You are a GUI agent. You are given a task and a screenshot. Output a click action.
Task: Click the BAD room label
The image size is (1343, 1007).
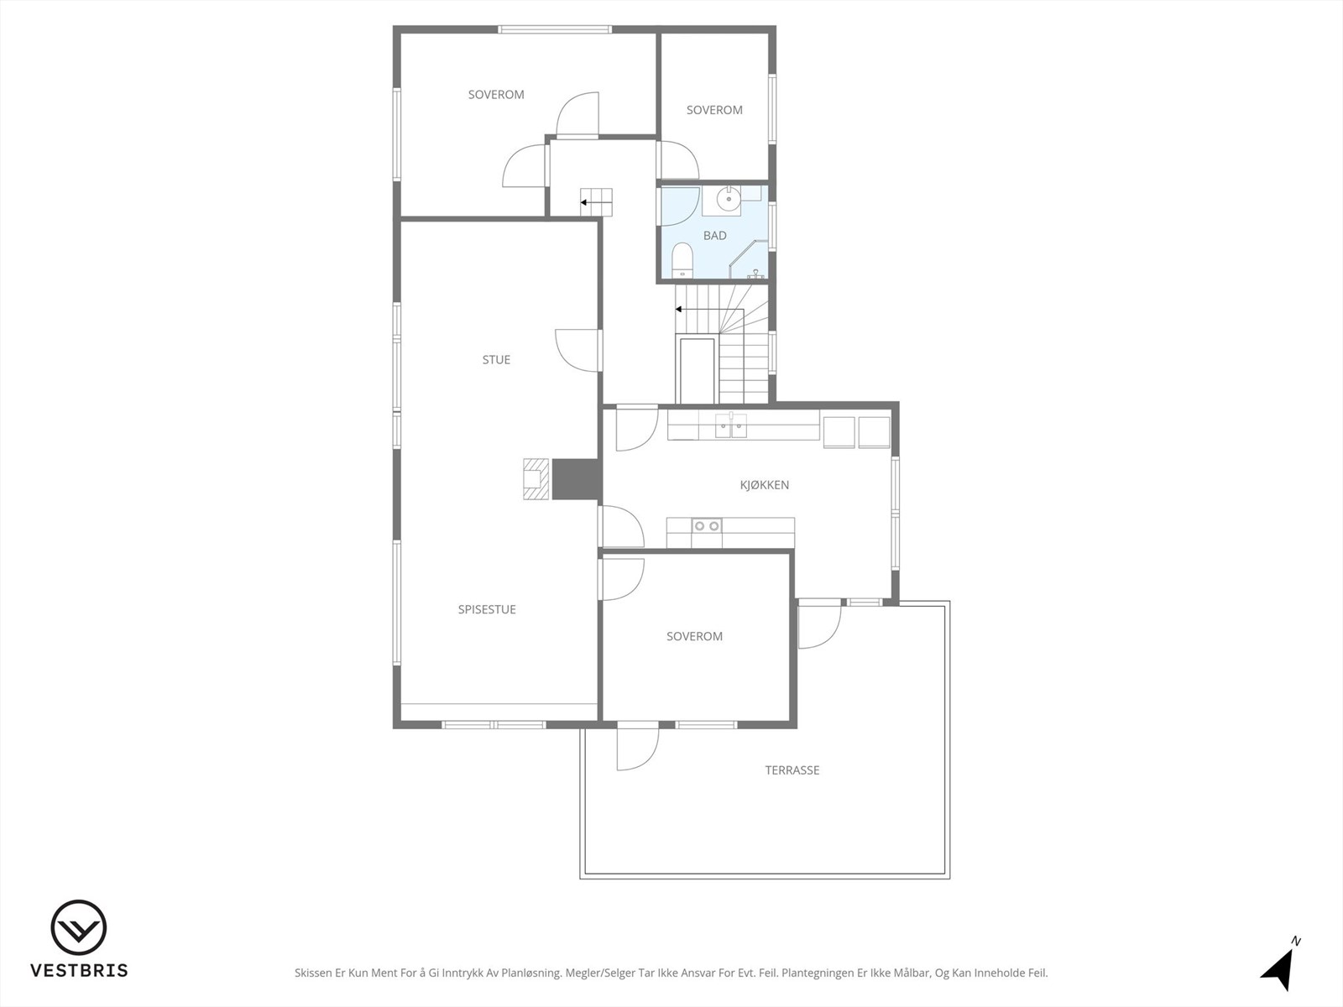(714, 236)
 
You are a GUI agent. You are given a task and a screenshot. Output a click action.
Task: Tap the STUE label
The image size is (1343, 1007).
(496, 359)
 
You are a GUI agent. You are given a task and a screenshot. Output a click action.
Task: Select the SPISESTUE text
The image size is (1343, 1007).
(487, 609)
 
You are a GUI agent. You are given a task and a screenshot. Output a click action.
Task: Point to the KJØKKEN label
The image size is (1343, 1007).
(764, 485)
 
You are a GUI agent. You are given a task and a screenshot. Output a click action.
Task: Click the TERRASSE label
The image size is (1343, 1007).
(792, 770)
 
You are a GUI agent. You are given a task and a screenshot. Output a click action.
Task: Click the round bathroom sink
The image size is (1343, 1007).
(728, 199)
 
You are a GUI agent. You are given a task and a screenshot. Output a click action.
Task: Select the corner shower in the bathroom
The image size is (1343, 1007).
(749, 259)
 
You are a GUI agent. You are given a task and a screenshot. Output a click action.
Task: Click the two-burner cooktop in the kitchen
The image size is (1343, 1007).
(707, 526)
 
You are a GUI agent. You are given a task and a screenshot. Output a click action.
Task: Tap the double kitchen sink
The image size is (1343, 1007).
(731, 425)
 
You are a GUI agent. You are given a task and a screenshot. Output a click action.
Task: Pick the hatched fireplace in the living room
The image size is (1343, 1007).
(536, 478)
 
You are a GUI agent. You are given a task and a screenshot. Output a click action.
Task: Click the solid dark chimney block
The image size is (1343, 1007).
(575, 479)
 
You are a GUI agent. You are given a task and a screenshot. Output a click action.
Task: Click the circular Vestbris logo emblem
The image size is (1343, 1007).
(79, 927)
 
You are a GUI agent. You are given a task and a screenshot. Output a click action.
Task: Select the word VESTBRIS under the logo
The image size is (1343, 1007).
(80, 970)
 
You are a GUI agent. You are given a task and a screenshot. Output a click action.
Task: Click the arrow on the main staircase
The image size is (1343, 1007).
(710, 310)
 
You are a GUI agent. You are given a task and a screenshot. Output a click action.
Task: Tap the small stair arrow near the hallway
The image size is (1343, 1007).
(596, 202)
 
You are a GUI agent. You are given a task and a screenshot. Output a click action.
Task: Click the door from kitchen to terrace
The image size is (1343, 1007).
(820, 624)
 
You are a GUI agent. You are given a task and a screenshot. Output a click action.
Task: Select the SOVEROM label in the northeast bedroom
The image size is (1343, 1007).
(714, 110)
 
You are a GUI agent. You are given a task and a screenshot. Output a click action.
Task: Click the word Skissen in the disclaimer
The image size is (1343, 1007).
(312, 973)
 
